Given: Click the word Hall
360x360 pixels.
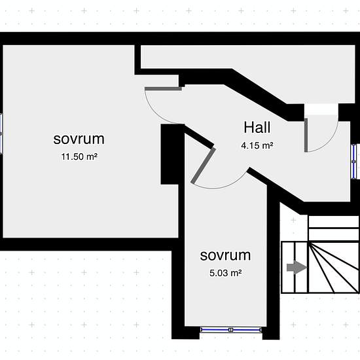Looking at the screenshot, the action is tap(257, 128).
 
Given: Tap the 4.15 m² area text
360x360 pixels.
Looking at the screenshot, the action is tap(257, 145).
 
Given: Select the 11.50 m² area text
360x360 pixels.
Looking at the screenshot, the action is tap(79, 156).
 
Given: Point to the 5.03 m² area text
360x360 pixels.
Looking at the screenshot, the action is tap(225, 273).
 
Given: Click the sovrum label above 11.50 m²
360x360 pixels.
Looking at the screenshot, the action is tap(79, 139).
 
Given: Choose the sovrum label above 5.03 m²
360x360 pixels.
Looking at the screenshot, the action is tap(225, 255).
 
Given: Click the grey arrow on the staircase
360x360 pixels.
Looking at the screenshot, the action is tap(297, 268).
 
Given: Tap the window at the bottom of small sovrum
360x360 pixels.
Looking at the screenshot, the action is tap(231, 330).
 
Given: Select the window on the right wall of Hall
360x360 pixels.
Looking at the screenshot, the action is tap(354, 162).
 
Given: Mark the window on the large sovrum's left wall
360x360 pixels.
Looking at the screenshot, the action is tap(1, 134).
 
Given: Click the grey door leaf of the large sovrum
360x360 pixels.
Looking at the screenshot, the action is tap(163, 88).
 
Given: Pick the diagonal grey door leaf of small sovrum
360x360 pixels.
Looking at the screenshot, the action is tap(204, 166).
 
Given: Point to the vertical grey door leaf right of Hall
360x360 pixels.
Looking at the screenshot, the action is tap(306, 135).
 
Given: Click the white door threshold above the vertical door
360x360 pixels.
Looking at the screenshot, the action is tap(321, 109).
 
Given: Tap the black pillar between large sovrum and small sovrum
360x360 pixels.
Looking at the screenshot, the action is tap(170, 154).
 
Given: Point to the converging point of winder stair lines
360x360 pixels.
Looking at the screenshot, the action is tap(309, 243).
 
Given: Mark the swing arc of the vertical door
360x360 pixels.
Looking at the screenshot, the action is tap(331, 140).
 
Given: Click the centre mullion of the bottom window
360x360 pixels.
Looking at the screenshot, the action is tap(231, 330).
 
